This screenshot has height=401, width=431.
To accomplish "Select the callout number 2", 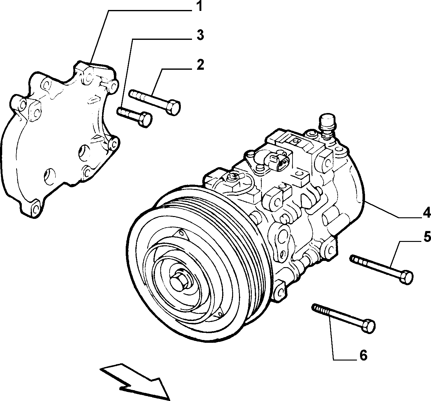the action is [200, 64].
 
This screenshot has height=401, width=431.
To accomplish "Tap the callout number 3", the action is [200, 35].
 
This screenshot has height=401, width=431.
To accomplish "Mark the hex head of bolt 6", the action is [368, 326].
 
